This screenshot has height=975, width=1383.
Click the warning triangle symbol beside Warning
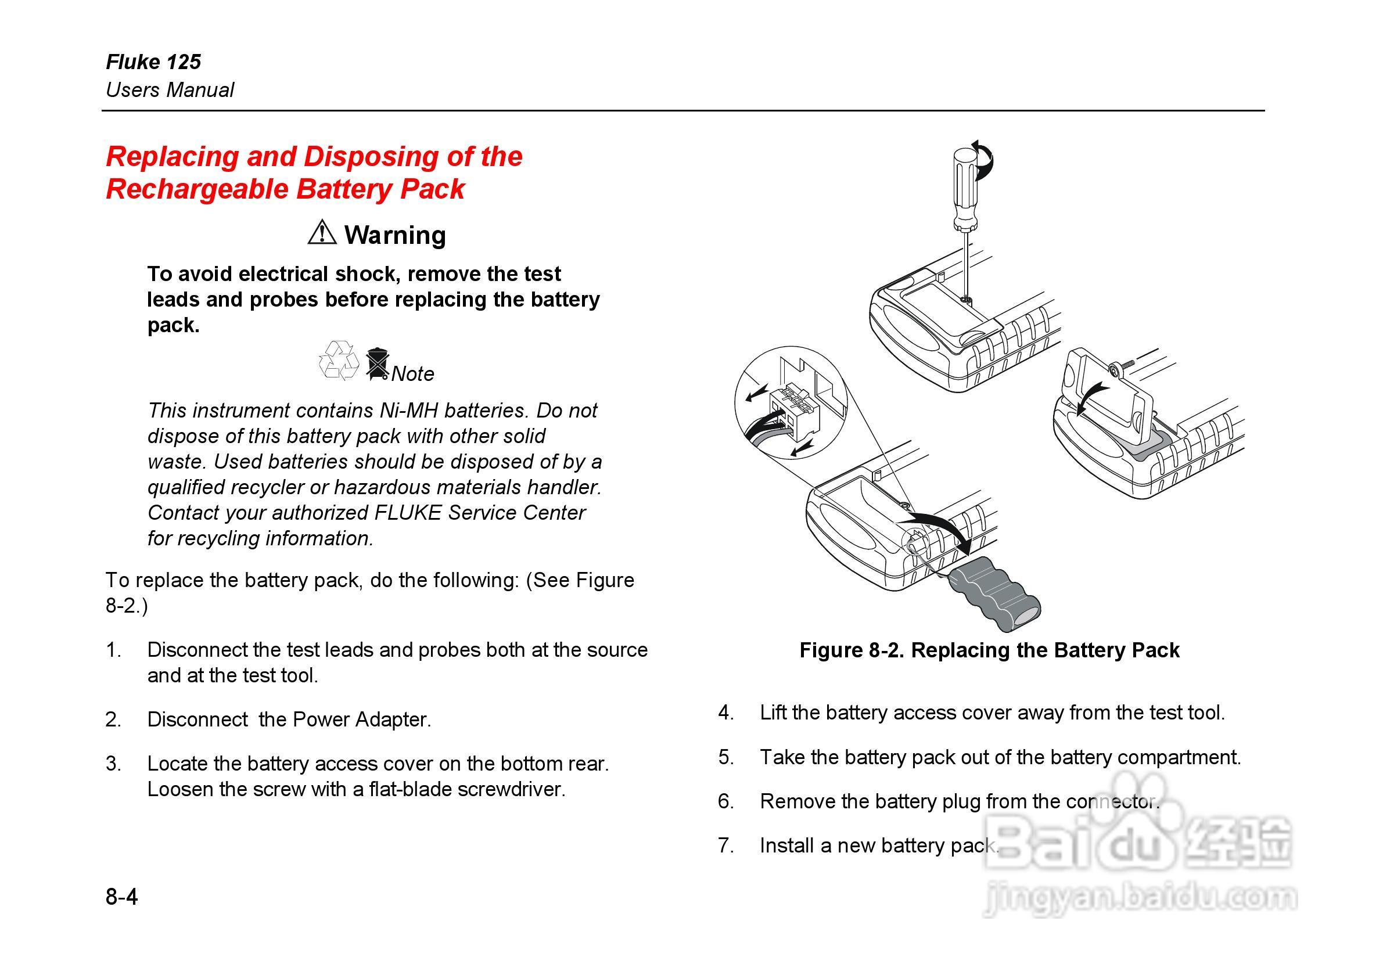[x=322, y=233]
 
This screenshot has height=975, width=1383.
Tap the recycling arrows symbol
[x=338, y=361]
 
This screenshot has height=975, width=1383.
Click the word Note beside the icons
[x=412, y=374]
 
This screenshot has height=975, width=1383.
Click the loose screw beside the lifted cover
[x=1119, y=368]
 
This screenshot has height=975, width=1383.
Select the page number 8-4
[x=121, y=897]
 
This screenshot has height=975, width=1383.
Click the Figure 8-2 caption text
[x=989, y=650]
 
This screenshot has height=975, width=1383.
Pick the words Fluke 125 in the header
[x=153, y=62]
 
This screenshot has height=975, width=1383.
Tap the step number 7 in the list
[x=725, y=846]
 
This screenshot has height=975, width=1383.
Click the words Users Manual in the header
[x=170, y=90]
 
